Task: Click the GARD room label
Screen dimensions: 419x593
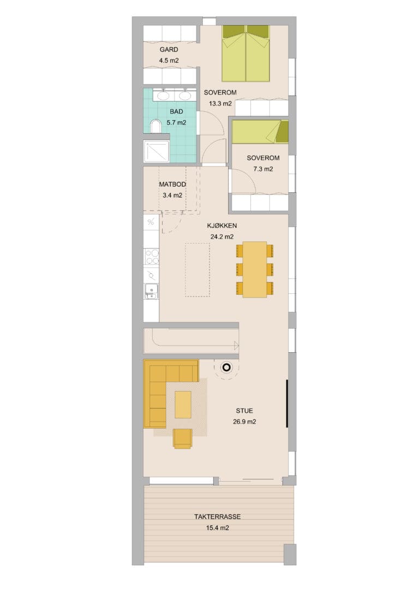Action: pyautogui.click(x=169, y=50)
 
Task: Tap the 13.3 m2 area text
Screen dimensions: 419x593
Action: pyautogui.click(x=220, y=104)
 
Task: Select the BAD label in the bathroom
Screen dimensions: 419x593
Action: pyautogui.click(x=176, y=111)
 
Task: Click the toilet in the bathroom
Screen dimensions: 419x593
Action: pyautogui.click(x=155, y=126)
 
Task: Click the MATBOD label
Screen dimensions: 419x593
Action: pyautogui.click(x=172, y=185)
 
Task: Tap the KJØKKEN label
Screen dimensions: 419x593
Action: pyautogui.click(x=222, y=226)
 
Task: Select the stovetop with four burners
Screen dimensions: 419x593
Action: pyautogui.click(x=152, y=257)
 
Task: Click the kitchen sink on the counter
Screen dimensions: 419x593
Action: pyautogui.click(x=151, y=291)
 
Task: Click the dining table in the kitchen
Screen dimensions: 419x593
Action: pyautogui.click(x=255, y=269)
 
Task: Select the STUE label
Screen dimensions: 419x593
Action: pyautogui.click(x=244, y=411)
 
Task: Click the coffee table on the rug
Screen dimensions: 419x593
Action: pyautogui.click(x=183, y=404)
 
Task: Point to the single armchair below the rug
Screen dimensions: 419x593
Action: pyautogui.click(x=183, y=438)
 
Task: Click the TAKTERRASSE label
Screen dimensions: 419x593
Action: pyautogui.click(x=218, y=517)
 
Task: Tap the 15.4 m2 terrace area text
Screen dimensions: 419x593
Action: pyautogui.click(x=218, y=528)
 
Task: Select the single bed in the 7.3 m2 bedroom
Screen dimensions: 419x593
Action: pyautogui.click(x=260, y=132)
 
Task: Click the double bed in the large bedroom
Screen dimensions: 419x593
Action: pyautogui.click(x=246, y=54)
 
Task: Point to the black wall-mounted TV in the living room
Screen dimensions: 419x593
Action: pyautogui.click(x=287, y=404)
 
